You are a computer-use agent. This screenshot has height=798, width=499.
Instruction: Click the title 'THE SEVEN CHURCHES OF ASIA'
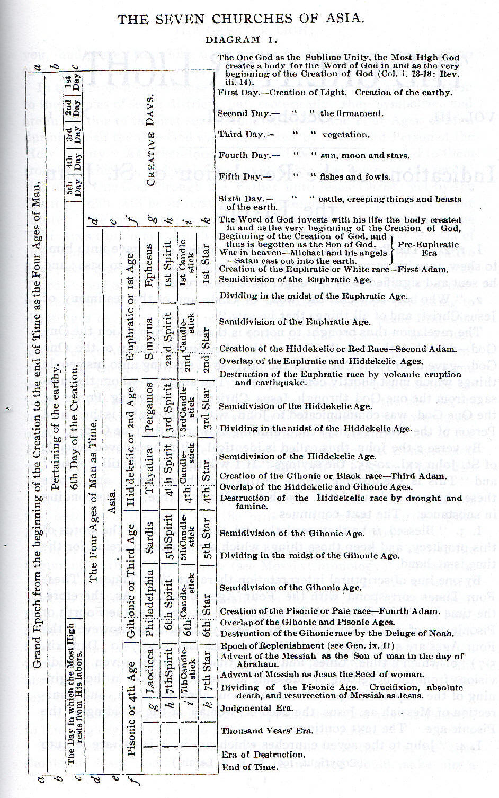pyautogui.click(x=241, y=20)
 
